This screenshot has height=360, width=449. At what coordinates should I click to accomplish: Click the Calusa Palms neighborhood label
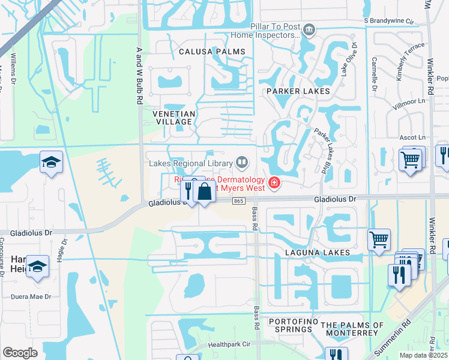coord(212,52)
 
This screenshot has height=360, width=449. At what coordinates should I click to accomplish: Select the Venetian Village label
coord(173,118)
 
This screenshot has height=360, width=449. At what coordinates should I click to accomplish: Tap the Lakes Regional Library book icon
coord(242,161)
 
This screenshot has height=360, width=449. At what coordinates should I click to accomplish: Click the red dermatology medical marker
coord(274,182)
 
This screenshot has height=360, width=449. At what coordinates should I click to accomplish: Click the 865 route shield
coord(238,200)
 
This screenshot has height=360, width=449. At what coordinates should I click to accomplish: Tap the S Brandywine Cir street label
coord(390,20)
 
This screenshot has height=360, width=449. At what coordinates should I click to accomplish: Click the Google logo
coord(20,352)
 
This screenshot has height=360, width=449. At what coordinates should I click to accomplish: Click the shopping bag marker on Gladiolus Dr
coord(204,192)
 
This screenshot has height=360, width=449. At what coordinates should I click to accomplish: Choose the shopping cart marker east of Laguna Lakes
coord(379,239)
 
